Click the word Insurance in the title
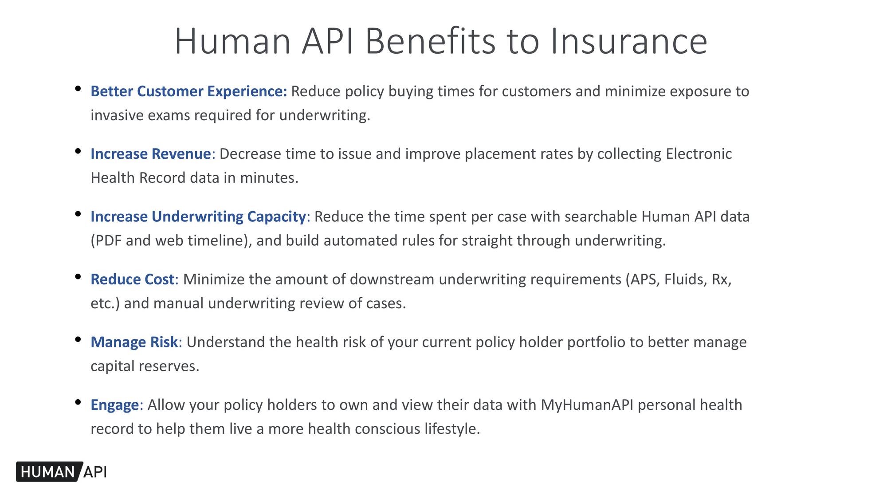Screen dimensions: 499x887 pyautogui.click(x=628, y=41)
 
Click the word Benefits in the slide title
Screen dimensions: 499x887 pyautogui.click(x=430, y=41)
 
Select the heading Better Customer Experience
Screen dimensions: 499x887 pyautogui.click(x=189, y=91)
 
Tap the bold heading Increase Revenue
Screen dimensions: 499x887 pyautogui.click(x=151, y=154)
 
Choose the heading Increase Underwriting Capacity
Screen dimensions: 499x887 pyautogui.click(x=198, y=216)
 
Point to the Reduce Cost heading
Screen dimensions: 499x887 pyautogui.click(x=132, y=279)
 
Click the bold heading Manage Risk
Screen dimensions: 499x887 pyautogui.click(x=134, y=342)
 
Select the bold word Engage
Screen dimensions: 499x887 pyautogui.click(x=115, y=405)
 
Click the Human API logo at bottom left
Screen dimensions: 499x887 pyautogui.click(x=62, y=471)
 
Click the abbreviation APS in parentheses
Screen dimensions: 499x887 pyautogui.click(x=643, y=279)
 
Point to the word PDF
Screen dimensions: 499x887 pyautogui.click(x=108, y=240)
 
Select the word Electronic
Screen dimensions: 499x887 pyautogui.click(x=699, y=154)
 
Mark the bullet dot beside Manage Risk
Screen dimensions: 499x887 pyautogui.click(x=78, y=340)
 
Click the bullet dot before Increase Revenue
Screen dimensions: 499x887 pyautogui.click(x=78, y=151)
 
